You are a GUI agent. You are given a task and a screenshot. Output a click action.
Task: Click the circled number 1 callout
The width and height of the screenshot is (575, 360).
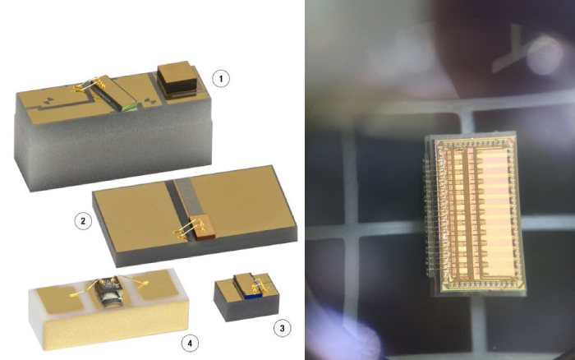click(221, 79)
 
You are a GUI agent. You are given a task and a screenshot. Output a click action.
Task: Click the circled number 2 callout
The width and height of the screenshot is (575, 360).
click(83, 221)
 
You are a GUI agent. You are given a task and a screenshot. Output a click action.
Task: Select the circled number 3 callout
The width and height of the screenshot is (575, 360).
click(282, 328)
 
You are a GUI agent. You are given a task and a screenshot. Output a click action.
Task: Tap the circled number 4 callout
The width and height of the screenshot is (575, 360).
click(190, 343)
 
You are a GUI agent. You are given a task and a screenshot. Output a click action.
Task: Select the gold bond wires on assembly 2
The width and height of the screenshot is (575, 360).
click(188, 228)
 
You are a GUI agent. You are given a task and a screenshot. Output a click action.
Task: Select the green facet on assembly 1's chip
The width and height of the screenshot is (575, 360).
click(130, 107)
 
